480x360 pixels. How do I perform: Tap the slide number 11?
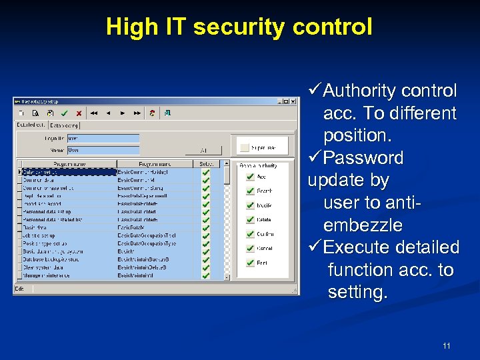446,345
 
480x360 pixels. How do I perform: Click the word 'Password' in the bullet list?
363,158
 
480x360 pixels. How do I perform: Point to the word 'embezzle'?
363,225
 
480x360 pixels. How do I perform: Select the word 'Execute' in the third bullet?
355,248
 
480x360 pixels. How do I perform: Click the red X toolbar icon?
79,113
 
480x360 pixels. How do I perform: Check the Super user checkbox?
245,147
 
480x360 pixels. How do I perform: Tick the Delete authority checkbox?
249,219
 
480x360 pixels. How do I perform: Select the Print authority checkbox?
249,263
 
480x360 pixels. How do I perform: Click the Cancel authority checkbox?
249,248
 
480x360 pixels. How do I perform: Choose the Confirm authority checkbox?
249,234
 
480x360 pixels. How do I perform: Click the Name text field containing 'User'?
103,151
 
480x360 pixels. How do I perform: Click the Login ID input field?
103,139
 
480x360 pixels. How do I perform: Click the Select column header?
206,163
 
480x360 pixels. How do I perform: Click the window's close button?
294,101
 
